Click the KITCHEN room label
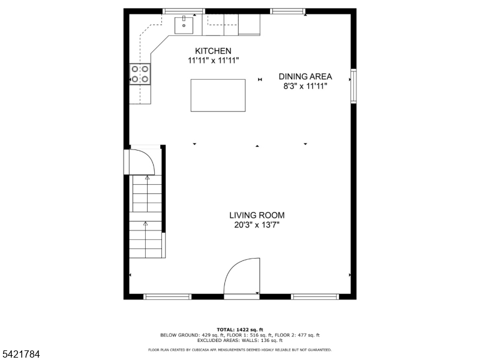tap(209, 51)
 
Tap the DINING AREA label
tap(305, 76)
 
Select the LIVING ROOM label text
tap(257, 215)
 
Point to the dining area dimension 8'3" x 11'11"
tap(305, 86)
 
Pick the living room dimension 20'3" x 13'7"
tap(257, 225)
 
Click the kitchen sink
tap(184, 25)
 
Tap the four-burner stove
tap(140, 74)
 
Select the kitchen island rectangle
tap(218, 95)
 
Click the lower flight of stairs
tap(146, 240)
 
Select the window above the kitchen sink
tap(184, 11)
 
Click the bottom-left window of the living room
tap(167, 296)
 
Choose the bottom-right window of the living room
tap(315, 296)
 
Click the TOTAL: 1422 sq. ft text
tap(240, 330)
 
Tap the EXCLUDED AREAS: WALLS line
tap(240, 340)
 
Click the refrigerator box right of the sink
tap(250, 25)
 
